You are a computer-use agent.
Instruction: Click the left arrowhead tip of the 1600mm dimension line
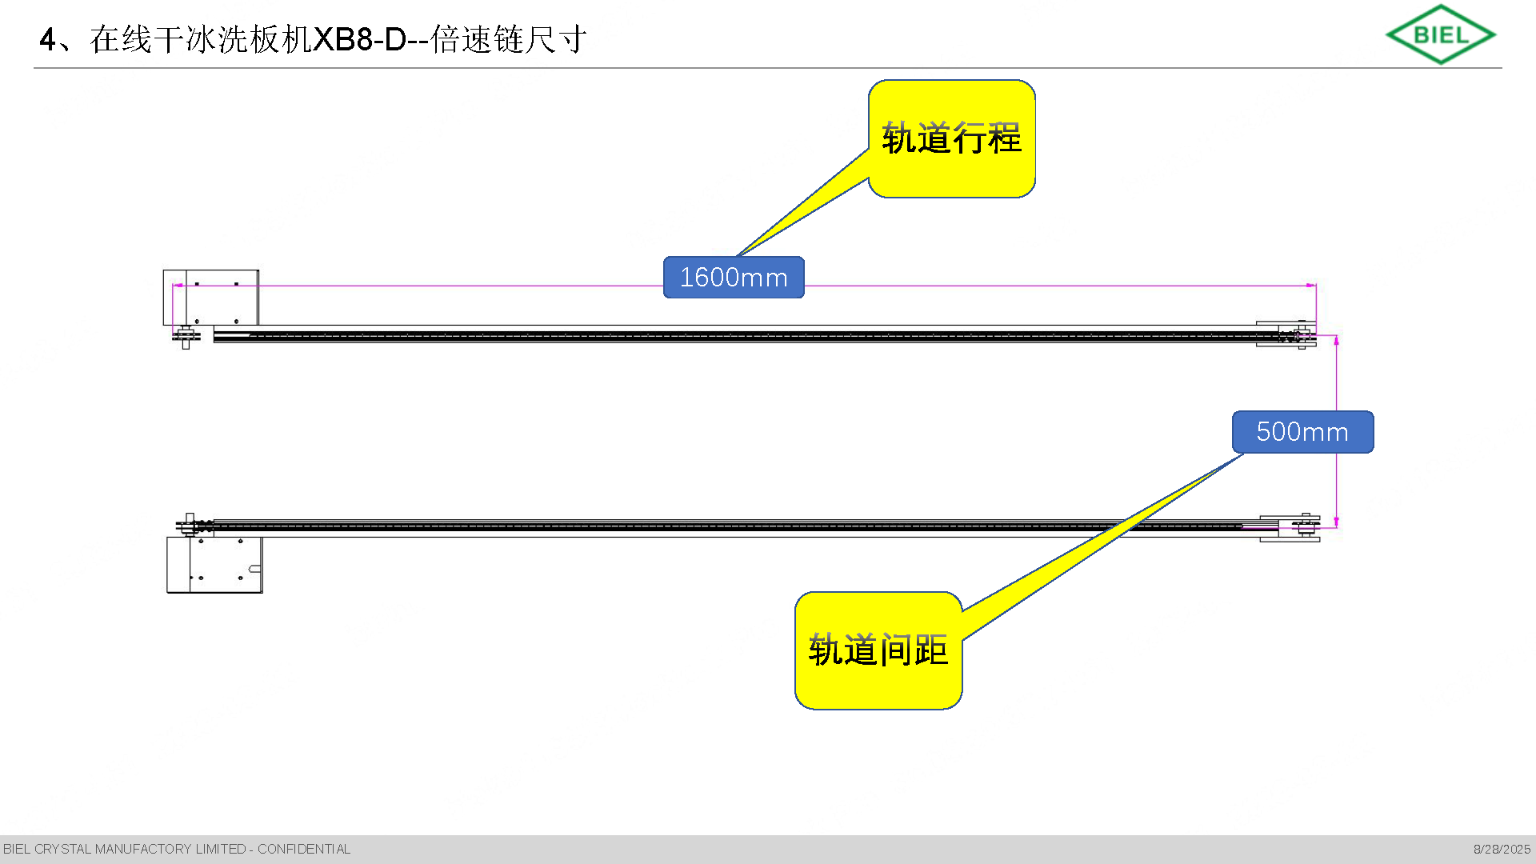click(174, 285)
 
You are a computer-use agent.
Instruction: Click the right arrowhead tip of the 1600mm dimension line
click(1316, 285)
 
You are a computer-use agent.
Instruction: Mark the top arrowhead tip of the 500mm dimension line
click(1336, 336)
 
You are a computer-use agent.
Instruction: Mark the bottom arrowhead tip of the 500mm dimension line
click(1336, 527)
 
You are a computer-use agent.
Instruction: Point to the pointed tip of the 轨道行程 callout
click(736, 257)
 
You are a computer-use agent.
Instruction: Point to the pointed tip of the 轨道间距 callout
click(1244, 454)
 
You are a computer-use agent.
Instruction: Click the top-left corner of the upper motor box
click(163, 270)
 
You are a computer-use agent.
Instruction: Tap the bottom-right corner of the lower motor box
click(262, 593)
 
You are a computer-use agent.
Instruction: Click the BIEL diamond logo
click(1441, 34)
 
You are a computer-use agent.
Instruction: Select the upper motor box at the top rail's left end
click(210, 298)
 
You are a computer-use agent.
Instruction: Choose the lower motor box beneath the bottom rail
click(214, 565)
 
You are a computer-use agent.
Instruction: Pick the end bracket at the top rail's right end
click(1286, 334)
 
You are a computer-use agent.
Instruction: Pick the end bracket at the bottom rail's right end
click(1290, 528)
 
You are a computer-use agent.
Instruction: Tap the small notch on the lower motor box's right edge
click(255, 570)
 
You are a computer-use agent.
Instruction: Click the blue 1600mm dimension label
click(734, 278)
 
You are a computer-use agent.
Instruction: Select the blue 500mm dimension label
click(1302, 432)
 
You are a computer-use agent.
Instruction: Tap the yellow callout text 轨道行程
click(951, 138)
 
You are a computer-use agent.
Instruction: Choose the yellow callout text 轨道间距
click(878, 650)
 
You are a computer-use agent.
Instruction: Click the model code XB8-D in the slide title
click(360, 39)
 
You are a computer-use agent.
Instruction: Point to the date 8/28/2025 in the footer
click(1502, 849)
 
